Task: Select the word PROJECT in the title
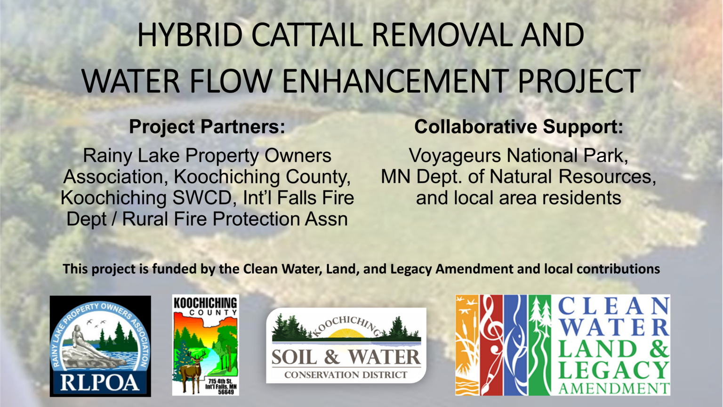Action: (x=578, y=81)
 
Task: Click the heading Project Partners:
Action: (x=207, y=127)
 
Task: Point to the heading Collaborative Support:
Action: (x=518, y=127)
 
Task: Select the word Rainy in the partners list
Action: (x=104, y=155)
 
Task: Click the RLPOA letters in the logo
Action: (x=100, y=382)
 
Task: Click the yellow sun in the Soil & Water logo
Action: (x=346, y=334)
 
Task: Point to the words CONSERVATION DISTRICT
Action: (x=346, y=375)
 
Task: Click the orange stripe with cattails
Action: (x=466, y=345)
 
